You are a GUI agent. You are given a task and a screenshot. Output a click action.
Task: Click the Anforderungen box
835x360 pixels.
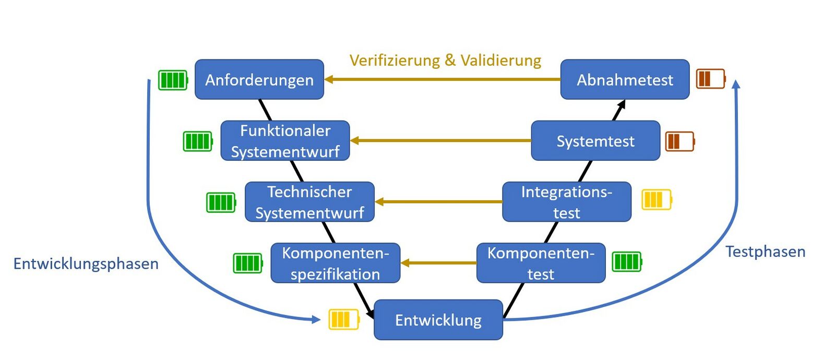pos(259,80)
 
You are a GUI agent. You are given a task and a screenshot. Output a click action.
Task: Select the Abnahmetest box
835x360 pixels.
pos(625,80)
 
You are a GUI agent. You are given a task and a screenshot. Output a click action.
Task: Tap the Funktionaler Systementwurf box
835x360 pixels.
pos(285,141)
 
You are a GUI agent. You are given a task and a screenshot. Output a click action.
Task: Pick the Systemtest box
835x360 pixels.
pos(595,141)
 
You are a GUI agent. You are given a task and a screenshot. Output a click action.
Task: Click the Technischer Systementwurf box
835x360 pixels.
pos(309,202)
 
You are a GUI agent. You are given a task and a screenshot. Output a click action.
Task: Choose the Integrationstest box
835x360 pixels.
pos(567,202)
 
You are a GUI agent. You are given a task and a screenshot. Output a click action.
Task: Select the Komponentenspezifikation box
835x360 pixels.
pos(335,263)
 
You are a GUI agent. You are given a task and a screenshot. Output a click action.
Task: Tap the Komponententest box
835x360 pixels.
pos(541,263)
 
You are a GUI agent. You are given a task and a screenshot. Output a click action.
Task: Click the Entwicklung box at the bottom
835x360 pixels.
pos(438,320)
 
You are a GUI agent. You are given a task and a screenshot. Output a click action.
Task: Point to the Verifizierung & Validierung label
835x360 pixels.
pos(445,61)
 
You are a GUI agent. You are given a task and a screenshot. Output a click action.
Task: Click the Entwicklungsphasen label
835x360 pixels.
pos(86,263)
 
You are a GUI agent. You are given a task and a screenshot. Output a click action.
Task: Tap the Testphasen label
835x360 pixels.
pos(766,251)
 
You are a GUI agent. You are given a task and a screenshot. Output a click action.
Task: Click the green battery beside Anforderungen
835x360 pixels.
pos(173,80)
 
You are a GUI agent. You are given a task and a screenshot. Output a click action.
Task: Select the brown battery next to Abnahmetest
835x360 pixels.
pos(711,79)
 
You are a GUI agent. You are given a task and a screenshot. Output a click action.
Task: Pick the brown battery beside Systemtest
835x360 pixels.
pos(680,141)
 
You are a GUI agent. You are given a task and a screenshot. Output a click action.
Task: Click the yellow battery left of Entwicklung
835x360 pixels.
pos(344,319)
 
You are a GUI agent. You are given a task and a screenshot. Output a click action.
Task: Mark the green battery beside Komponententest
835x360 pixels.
pos(627,261)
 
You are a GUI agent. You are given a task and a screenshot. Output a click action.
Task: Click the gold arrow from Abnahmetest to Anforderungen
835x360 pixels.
pos(444,79)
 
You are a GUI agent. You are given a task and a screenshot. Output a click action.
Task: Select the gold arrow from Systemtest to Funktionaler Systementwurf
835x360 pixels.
pos(441,140)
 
